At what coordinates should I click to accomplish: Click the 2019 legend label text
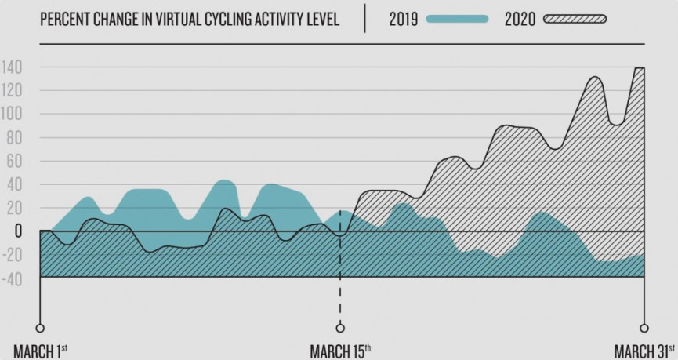coord(404,20)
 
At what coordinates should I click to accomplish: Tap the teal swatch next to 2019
coord(459,20)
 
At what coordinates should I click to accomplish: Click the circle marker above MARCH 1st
coord(40,328)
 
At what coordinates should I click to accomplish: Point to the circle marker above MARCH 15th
coord(340,328)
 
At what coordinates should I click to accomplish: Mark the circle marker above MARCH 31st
coord(644,328)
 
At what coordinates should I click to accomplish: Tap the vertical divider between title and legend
coord(364,20)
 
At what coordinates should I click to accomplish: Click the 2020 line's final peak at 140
coord(639,68)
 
